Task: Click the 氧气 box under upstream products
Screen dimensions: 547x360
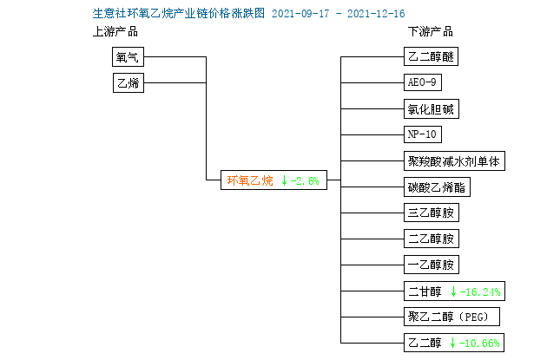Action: pos(128,56)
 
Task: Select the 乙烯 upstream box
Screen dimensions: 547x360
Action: pos(129,83)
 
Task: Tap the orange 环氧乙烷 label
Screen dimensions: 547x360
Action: pos(250,180)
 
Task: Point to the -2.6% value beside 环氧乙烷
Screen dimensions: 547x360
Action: pos(305,181)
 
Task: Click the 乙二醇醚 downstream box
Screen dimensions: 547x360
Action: pos(431,56)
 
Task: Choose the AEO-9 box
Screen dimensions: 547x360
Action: pos(423,82)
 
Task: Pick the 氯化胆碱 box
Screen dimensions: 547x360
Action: pos(432,109)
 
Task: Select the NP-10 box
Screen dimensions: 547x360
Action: pos(423,134)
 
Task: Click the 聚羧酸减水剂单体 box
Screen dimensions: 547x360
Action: pos(454,161)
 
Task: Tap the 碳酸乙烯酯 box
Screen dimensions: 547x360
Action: pos(437,187)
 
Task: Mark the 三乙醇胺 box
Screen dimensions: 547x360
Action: pos(432,213)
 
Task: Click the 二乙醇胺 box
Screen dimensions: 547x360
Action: pos(432,239)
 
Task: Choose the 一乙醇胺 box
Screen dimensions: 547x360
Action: pos(432,265)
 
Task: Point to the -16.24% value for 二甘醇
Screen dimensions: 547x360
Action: pos(480,291)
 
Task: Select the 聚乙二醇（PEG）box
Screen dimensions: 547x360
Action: pos(451,317)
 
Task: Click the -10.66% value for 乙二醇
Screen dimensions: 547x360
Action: pos(479,344)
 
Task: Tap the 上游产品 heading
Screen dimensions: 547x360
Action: pos(115,32)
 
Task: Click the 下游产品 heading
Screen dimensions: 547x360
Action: pos(431,32)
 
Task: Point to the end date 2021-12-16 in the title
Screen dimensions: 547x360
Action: pos(376,14)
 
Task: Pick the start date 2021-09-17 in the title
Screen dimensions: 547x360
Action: pos(300,14)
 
